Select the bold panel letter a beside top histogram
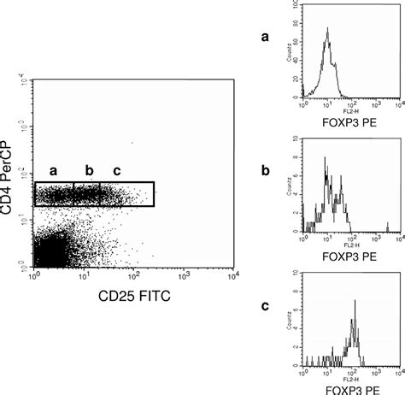tap(266, 38)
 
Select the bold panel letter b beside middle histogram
tap(266, 170)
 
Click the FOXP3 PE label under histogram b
tap(353, 254)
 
